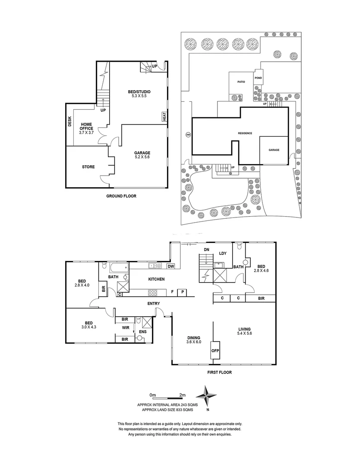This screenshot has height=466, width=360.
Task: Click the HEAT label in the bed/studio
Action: (164, 116)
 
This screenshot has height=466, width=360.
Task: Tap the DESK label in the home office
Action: (69, 122)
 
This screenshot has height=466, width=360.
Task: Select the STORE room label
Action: (88, 167)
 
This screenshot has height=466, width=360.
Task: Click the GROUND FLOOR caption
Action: (121, 196)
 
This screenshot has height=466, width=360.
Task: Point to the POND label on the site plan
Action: (258, 78)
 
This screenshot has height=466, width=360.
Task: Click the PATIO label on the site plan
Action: (241, 82)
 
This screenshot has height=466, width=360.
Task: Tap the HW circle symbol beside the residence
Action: (188, 135)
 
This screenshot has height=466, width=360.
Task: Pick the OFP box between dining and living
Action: (215, 350)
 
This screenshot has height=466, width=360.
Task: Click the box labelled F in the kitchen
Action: (172, 293)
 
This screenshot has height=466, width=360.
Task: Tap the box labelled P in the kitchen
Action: (183, 293)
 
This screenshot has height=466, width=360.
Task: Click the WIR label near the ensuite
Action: (125, 328)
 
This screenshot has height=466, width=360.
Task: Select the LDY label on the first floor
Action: (223, 253)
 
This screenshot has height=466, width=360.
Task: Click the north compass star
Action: (207, 394)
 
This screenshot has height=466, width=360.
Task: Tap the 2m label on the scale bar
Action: (182, 395)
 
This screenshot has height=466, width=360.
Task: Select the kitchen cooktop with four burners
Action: (153, 292)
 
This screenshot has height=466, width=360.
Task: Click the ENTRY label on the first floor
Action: (153, 304)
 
